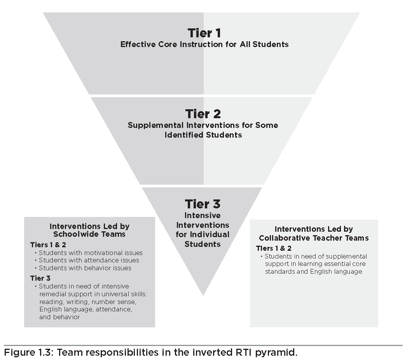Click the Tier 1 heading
204,33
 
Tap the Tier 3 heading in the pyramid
203,204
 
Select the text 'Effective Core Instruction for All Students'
204,44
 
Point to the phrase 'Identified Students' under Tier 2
203,135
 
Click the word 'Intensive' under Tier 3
202,215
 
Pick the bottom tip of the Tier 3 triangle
203,295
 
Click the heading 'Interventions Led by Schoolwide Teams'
89,230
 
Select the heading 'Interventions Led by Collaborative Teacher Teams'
314,234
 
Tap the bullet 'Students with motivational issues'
91,253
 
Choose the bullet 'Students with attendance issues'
89,260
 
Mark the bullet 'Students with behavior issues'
85,268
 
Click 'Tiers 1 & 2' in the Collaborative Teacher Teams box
274,248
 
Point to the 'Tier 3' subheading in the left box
40,278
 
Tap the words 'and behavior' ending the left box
59,317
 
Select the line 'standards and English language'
313,272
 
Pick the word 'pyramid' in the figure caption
276,353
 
